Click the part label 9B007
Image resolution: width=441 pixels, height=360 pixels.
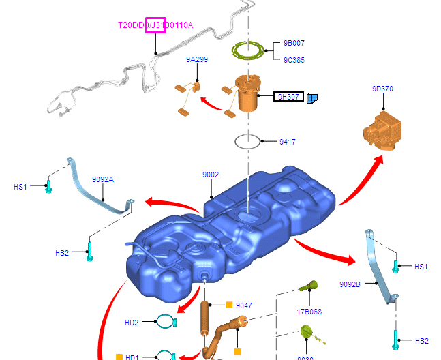294,43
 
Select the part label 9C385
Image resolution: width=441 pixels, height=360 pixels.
294,60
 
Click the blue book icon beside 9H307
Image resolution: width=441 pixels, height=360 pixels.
312,97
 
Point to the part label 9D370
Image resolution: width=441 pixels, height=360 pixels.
382,89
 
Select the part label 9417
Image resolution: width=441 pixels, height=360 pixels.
287,142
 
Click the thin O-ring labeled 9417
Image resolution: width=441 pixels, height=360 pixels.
247,142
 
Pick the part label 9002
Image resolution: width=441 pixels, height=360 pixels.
211,175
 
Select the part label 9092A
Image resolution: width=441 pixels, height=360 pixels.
103,179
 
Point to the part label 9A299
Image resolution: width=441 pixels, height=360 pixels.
197,59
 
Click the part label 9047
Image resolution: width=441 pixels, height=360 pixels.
244,305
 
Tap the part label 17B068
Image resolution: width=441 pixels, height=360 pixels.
309,312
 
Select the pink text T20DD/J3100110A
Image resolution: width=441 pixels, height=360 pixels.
155,25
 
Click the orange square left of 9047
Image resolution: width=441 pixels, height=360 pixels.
229,305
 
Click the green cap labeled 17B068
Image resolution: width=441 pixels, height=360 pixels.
311,284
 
